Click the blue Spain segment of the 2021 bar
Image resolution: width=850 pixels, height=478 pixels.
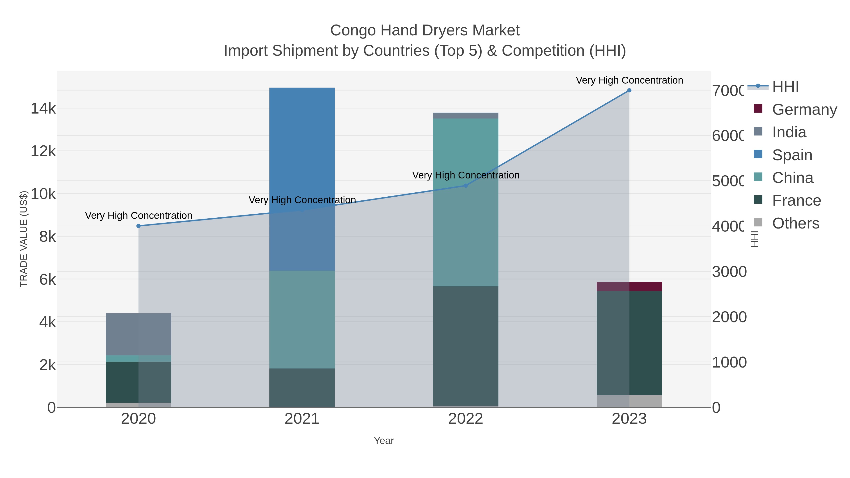302,148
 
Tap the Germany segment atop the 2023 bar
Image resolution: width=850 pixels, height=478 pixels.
629,286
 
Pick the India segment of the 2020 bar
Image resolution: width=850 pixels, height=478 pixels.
138,334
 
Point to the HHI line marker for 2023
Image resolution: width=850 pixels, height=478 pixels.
629,90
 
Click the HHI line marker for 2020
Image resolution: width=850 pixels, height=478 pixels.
139,226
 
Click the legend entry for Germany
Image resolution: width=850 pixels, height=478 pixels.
804,109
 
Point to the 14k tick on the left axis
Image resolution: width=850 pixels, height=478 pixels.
43,109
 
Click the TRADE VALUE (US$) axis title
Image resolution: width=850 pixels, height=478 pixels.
24,239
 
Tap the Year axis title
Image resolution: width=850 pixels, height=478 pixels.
384,441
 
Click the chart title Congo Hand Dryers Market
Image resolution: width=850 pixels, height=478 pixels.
425,30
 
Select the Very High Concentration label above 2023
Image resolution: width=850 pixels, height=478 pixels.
629,80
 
